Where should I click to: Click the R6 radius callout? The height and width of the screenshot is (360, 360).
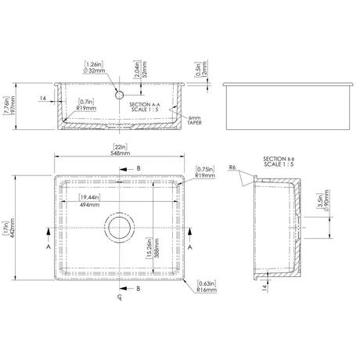point(233,168)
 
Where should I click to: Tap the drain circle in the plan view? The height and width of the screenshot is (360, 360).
point(120,229)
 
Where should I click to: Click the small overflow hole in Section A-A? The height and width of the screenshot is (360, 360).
point(120,93)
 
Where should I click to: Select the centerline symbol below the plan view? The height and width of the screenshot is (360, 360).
point(119,298)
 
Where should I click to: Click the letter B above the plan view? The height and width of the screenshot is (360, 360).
point(139,168)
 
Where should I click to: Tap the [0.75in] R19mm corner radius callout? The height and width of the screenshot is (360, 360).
point(206,172)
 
